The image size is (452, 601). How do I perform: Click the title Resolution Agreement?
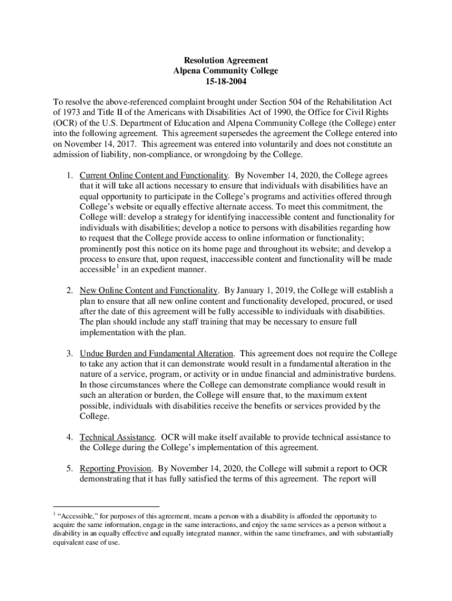click(226, 60)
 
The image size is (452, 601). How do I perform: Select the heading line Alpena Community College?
click(226, 71)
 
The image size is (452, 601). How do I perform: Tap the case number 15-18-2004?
click(226, 82)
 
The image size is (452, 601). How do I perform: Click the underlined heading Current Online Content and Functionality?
click(153, 175)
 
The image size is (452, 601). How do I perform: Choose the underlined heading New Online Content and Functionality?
click(149, 291)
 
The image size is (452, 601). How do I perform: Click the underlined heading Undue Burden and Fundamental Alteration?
click(157, 353)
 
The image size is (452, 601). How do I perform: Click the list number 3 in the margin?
click(69, 353)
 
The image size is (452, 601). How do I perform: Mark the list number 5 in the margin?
click(69, 468)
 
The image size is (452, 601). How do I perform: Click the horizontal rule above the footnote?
click(106, 506)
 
